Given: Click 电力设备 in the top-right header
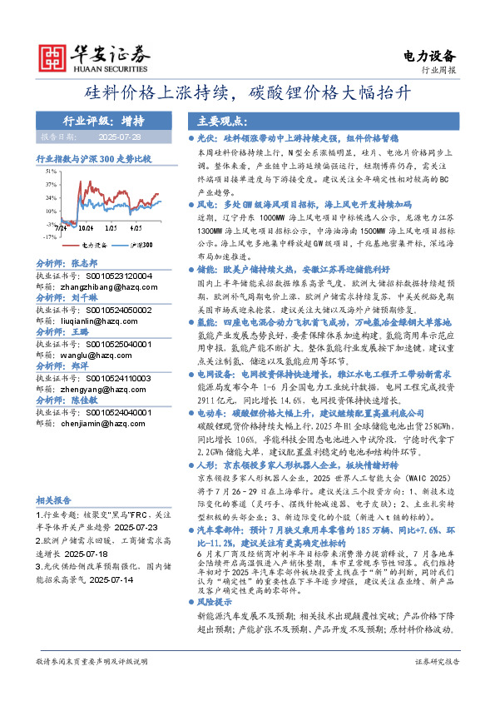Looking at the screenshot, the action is click(429, 56).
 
